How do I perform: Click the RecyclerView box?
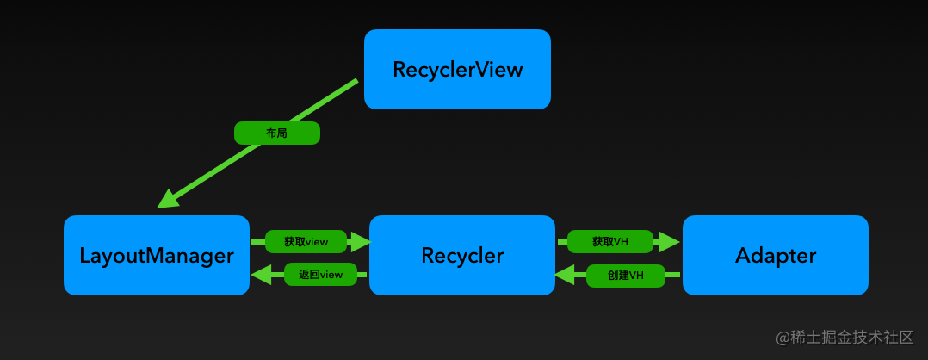(457, 69)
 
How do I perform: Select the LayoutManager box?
(157, 255)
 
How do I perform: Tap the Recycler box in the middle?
(462, 255)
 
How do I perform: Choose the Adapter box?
(776, 255)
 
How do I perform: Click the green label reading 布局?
(277, 133)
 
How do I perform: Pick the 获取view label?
(306, 242)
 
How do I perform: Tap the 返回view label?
(320, 275)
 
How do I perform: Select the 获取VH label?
(610, 242)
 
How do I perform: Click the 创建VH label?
(626, 276)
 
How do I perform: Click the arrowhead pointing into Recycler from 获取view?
(360, 242)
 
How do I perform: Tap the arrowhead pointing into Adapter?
(670, 242)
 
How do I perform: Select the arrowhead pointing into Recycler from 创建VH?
(565, 276)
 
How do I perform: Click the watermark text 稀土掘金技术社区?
(852, 337)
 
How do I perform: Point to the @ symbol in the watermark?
(783, 338)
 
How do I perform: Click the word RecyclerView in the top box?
(457, 69)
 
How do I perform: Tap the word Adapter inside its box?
(776, 255)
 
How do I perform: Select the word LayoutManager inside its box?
(157, 256)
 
